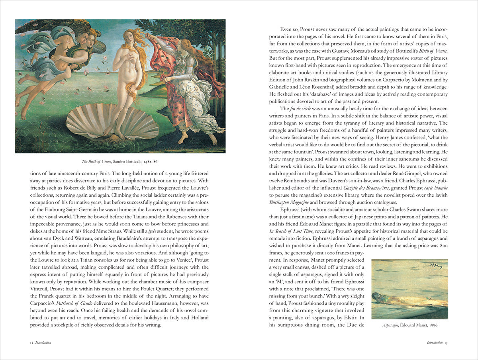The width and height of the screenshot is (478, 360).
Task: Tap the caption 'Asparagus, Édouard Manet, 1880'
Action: (x=409, y=325)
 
